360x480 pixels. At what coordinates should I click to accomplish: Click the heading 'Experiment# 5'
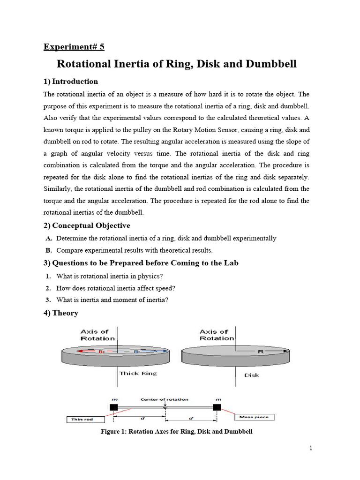(74, 46)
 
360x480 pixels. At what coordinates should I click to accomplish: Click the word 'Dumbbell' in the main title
(269, 64)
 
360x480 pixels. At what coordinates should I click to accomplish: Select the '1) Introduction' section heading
(71, 82)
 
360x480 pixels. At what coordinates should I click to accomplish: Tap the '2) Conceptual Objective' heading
(87, 225)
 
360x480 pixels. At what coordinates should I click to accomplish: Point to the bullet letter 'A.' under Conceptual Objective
(49, 238)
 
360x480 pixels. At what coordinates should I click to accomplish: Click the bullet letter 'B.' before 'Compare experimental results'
(49, 250)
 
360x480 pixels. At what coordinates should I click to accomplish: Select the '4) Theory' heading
(61, 313)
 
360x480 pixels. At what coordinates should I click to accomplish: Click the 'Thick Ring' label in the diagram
(138, 373)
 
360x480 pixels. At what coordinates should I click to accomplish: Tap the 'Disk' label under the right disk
(251, 375)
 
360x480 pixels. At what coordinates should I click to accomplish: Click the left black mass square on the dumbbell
(113, 407)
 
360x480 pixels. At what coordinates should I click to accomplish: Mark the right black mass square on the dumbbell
(217, 407)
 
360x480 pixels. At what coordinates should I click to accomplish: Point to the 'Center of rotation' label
(165, 399)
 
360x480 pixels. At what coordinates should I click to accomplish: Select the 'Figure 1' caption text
(177, 431)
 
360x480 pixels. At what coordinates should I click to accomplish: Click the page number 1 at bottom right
(311, 448)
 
